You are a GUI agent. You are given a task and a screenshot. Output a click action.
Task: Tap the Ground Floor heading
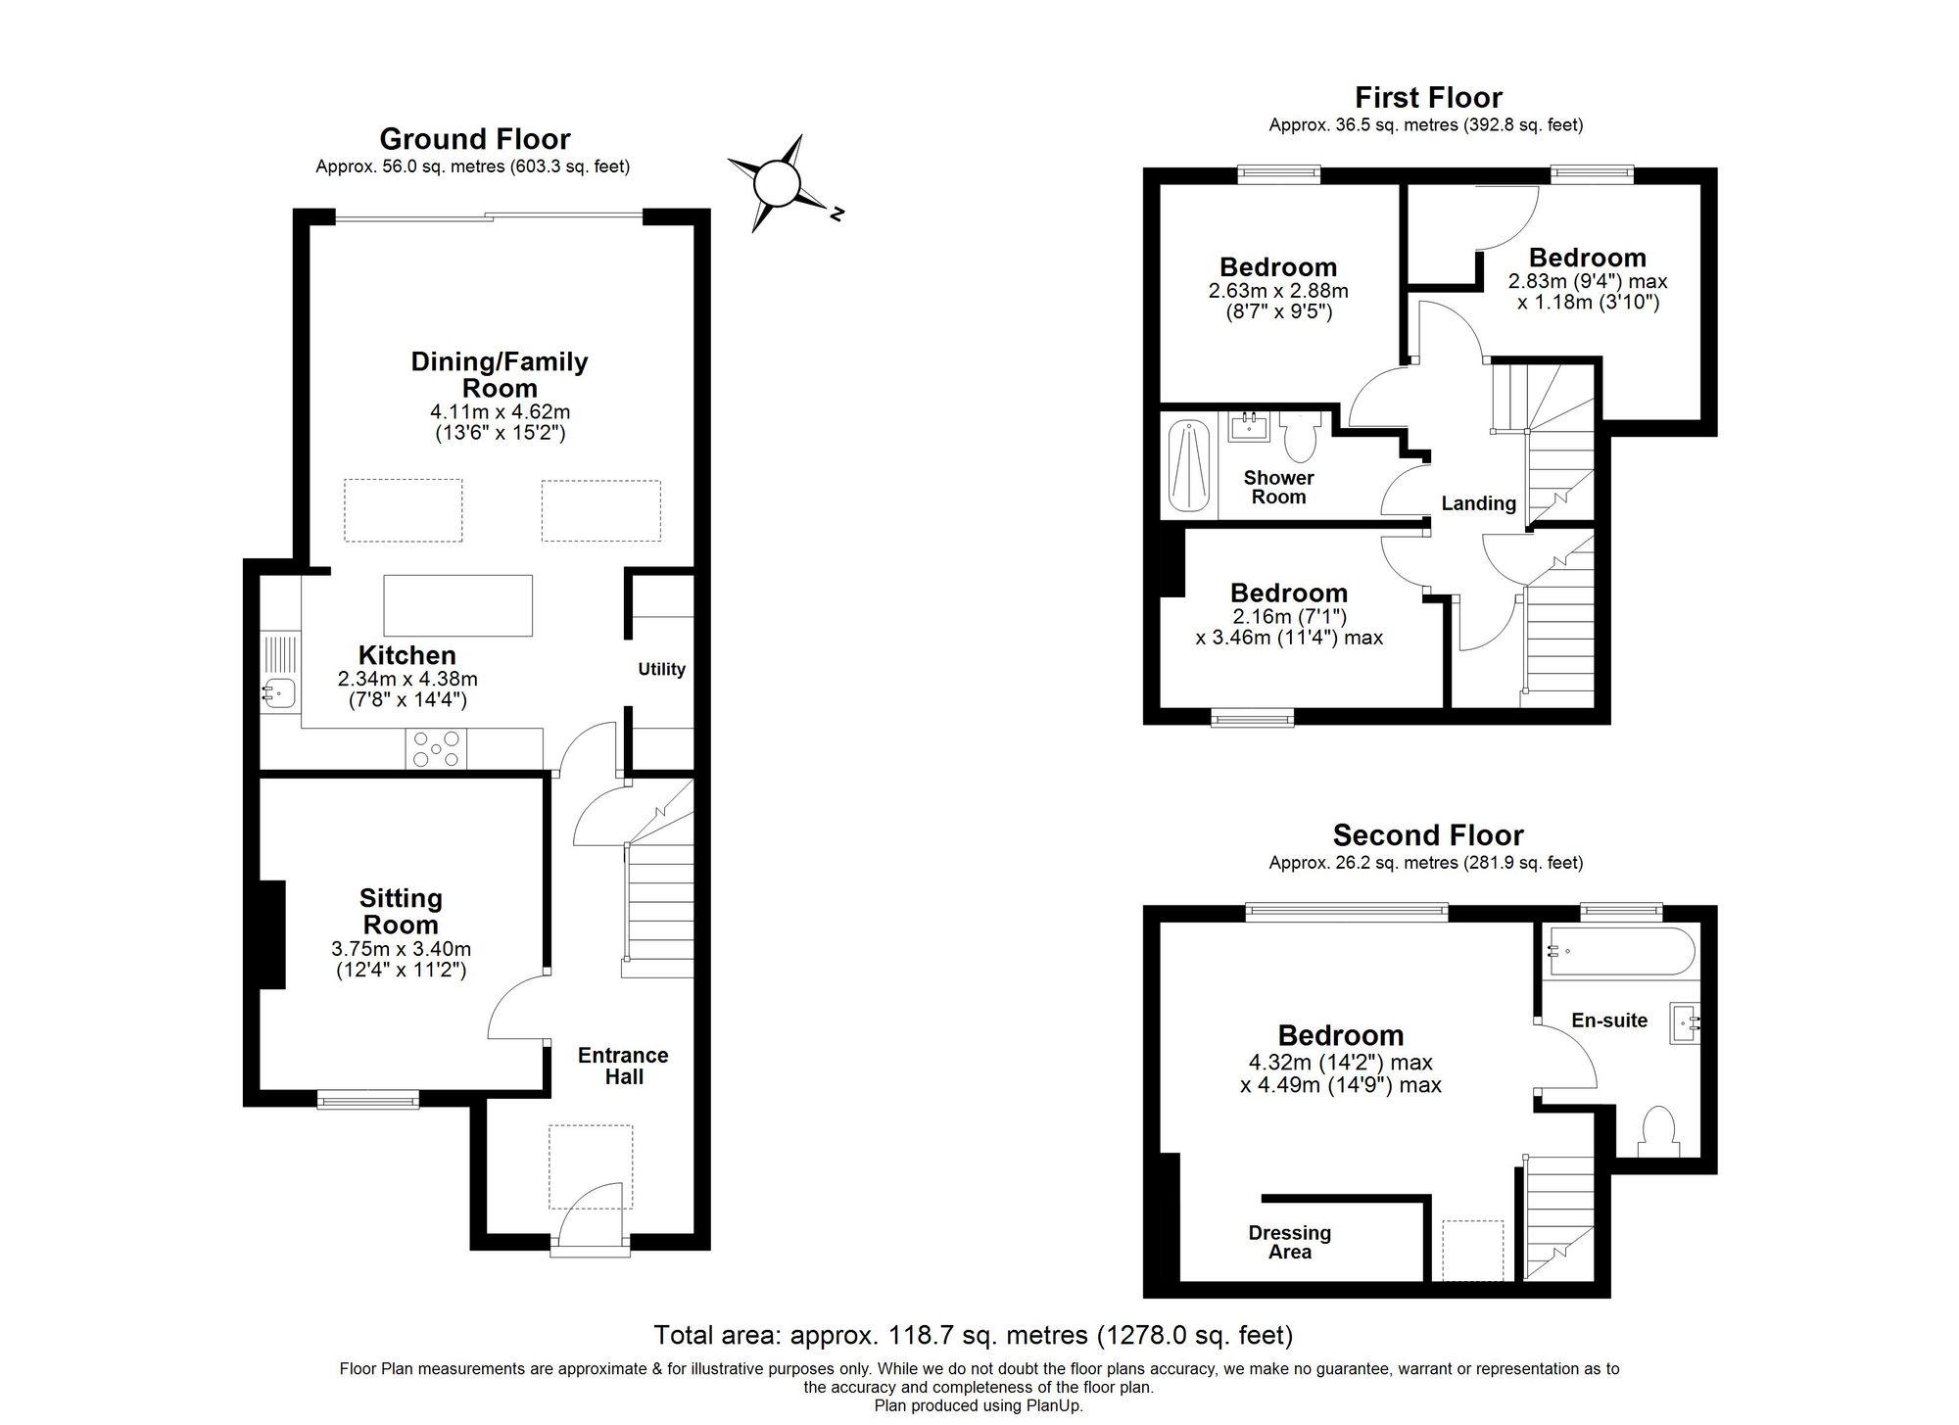(474, 139)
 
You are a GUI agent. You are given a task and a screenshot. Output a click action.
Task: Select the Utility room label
(661, 669)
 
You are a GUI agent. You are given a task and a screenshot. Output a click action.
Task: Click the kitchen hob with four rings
(436, 749)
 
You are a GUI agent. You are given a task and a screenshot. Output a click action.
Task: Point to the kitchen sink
(278, 693)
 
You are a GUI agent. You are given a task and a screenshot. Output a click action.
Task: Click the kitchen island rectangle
(457, 605)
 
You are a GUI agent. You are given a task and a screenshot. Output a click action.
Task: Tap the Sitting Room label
(400, 911)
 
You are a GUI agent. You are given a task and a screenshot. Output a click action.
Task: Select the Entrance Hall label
(623, 1066)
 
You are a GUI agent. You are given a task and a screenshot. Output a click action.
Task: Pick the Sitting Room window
(368, 1101)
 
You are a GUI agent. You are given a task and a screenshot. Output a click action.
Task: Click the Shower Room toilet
(1300, 437)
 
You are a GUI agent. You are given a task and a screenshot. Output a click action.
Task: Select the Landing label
(1478, 503)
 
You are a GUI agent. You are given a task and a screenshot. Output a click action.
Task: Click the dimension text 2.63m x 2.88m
(1278, 291)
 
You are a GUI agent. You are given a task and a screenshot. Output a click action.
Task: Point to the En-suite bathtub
(1619, 950)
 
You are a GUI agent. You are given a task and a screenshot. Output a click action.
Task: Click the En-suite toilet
(1658, 1131)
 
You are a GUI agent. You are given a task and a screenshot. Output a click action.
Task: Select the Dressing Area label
(1289, 1242)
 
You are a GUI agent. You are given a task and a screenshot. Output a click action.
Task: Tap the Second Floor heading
(1427, 835)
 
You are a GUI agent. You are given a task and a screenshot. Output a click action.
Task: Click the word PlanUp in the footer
(1054, 1405)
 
